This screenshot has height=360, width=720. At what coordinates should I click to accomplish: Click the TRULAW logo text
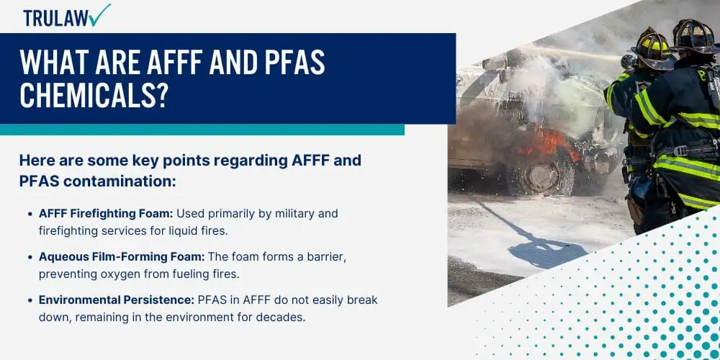pyautogui.click(x=56, y=18)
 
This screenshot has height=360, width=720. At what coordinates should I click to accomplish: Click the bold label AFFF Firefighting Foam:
pyautogui.click(x=106, y=214)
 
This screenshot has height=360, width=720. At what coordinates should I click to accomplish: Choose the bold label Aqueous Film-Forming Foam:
pyautogui.click(x=122, y=257)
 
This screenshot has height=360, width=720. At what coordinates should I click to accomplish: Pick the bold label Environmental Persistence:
pyautogui.click(x=117, y=300)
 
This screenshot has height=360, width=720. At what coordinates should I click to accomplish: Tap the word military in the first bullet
pyautogui.click(x=276, y=214)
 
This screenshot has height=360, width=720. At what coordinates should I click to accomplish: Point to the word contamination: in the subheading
pyautogui.click(x=120, y=181)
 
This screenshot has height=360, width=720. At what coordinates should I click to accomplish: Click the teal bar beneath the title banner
pyautogui.click(x=202, y=130)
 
